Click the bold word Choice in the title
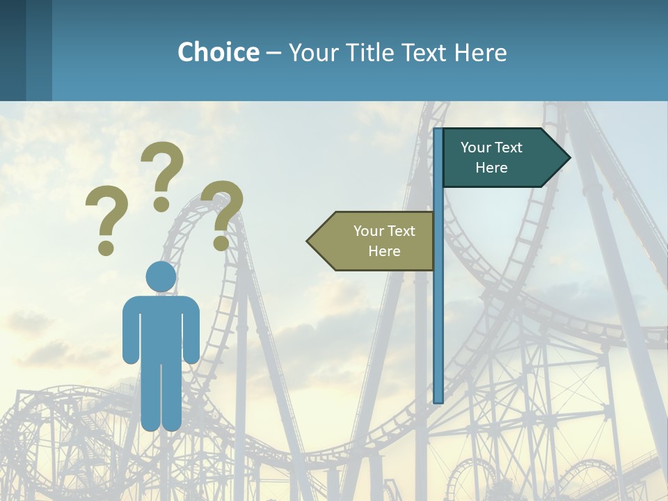218,52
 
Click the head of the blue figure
161,277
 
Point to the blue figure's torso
161,327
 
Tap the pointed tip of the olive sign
309,241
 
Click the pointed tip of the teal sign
568,158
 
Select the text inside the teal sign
491,157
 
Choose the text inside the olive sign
384,241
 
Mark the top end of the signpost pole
438,131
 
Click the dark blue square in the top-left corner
13,50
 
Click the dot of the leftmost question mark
106,247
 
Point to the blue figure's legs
161,397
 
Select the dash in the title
273,53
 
